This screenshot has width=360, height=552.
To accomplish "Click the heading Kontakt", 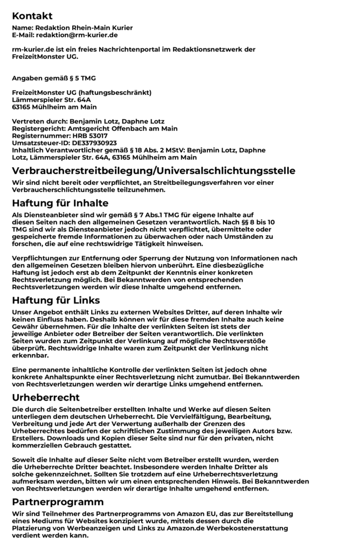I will [32, 16].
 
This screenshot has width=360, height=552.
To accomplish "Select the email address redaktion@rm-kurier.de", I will [77, 34].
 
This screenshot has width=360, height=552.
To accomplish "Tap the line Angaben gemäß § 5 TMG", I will [54, 78].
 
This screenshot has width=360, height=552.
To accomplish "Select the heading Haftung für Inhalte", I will [60, 203].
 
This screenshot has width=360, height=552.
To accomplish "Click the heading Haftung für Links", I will [56, 300].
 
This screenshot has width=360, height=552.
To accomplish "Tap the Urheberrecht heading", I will [46, 397].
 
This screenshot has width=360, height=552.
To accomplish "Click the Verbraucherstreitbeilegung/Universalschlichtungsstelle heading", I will [154, 171].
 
